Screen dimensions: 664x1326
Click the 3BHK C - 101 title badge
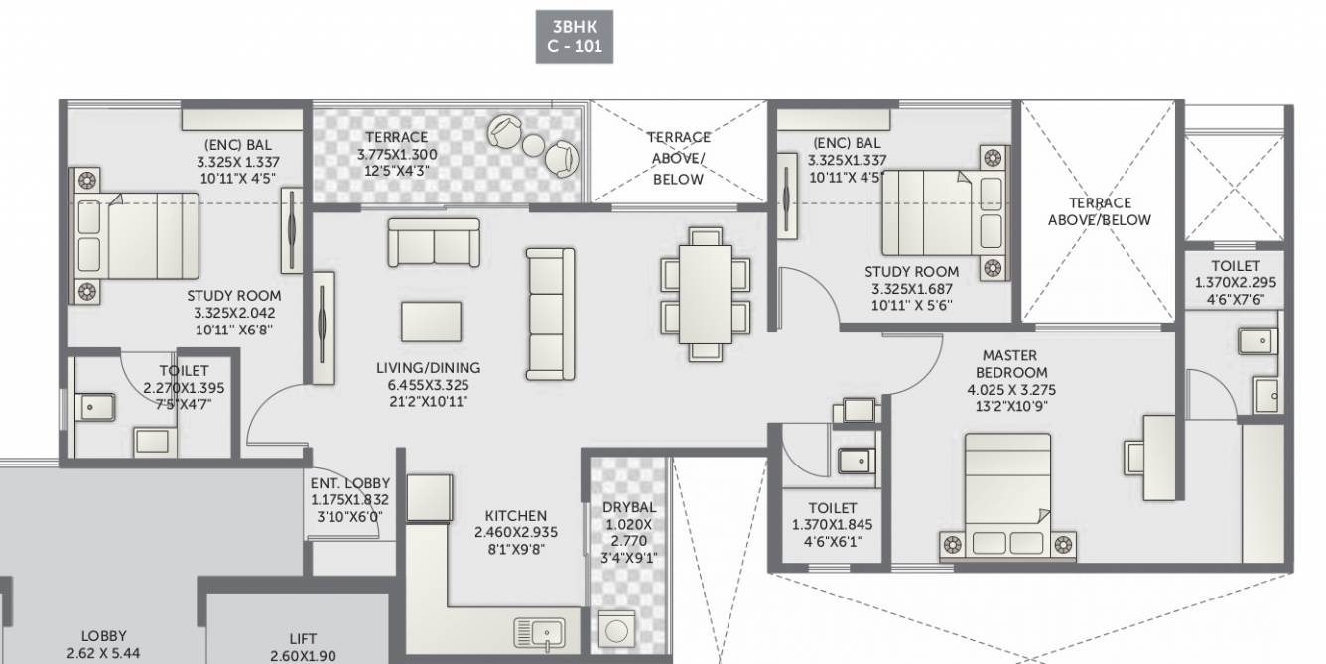(575, 36)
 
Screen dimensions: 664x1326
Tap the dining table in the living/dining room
(706, 293)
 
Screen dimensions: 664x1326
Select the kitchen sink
(539, 632)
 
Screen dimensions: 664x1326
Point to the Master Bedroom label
(1009, 363)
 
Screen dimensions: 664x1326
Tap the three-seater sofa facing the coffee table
(550, 314)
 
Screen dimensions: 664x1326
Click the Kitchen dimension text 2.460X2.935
(515, 532)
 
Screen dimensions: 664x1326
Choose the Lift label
(303, 639)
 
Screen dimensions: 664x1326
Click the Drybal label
(629, 507)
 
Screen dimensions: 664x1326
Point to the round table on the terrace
(533, 146)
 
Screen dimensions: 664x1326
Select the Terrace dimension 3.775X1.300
(397, 155)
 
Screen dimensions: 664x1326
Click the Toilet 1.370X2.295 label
(1235, 266)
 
